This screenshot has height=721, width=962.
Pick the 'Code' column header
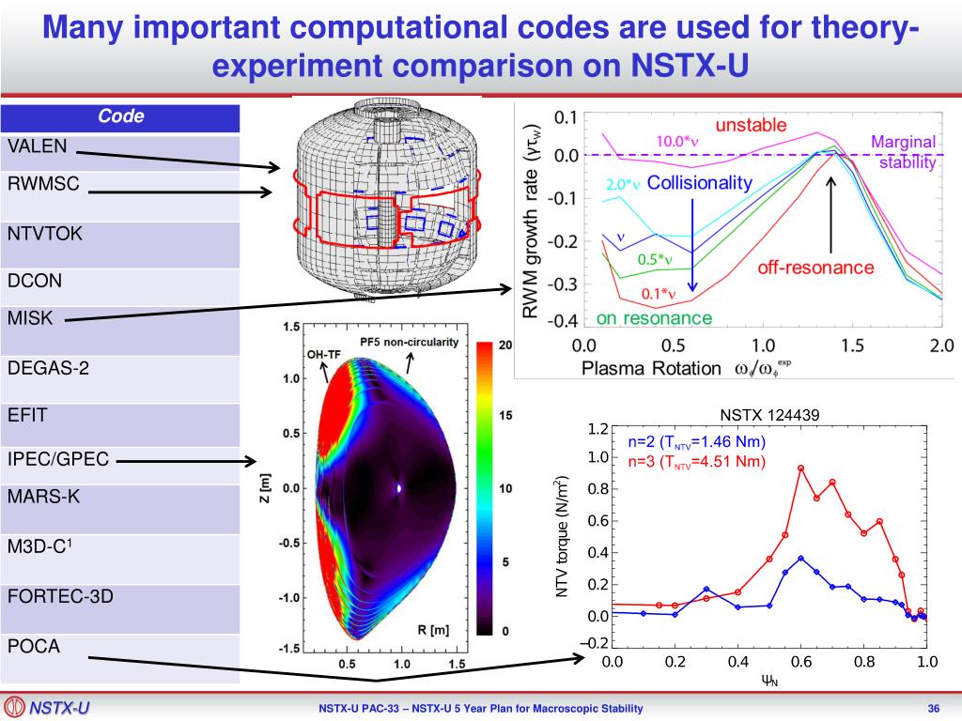pos(120,116)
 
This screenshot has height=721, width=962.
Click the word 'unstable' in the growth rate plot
pos(751,126)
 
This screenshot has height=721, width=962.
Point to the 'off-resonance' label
pos(815,268)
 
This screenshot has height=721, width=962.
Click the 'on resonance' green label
pos(654,318)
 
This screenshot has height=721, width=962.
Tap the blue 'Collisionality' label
pos(700,183)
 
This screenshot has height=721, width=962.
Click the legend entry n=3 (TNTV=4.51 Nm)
pos(696,461)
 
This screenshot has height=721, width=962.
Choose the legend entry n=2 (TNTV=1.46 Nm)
pos(696,442)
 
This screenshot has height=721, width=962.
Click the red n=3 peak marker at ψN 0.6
pos(800,468)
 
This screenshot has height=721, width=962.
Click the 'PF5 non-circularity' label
pos(410,342)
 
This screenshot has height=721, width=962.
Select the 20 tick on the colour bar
pos(505,345)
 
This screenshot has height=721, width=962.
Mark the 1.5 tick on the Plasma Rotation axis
pos(852,345)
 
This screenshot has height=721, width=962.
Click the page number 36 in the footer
pos(934,708)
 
